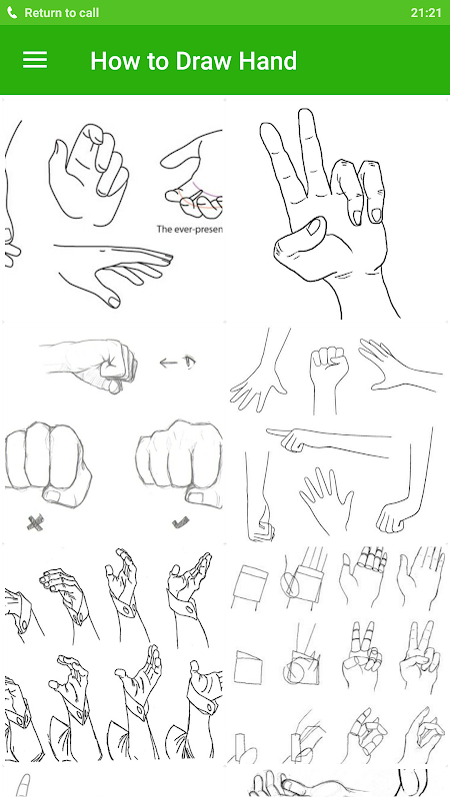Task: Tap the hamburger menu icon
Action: (x=35, y=60)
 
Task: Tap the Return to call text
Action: (x=62, y=13)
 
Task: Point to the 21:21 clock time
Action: (x=426, y=13)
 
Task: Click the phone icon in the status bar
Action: (x=12, y=13)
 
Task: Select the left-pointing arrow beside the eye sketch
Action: (x=168, y=363)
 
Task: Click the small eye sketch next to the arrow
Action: (x=189, y=362)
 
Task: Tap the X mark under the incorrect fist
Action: (x=35, y=522)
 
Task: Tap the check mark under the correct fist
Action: (x=180, y=521)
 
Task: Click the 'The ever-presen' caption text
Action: (x=189, y=230)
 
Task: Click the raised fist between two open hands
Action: (x=328, y=378)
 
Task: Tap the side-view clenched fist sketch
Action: (x=89, y=363)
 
